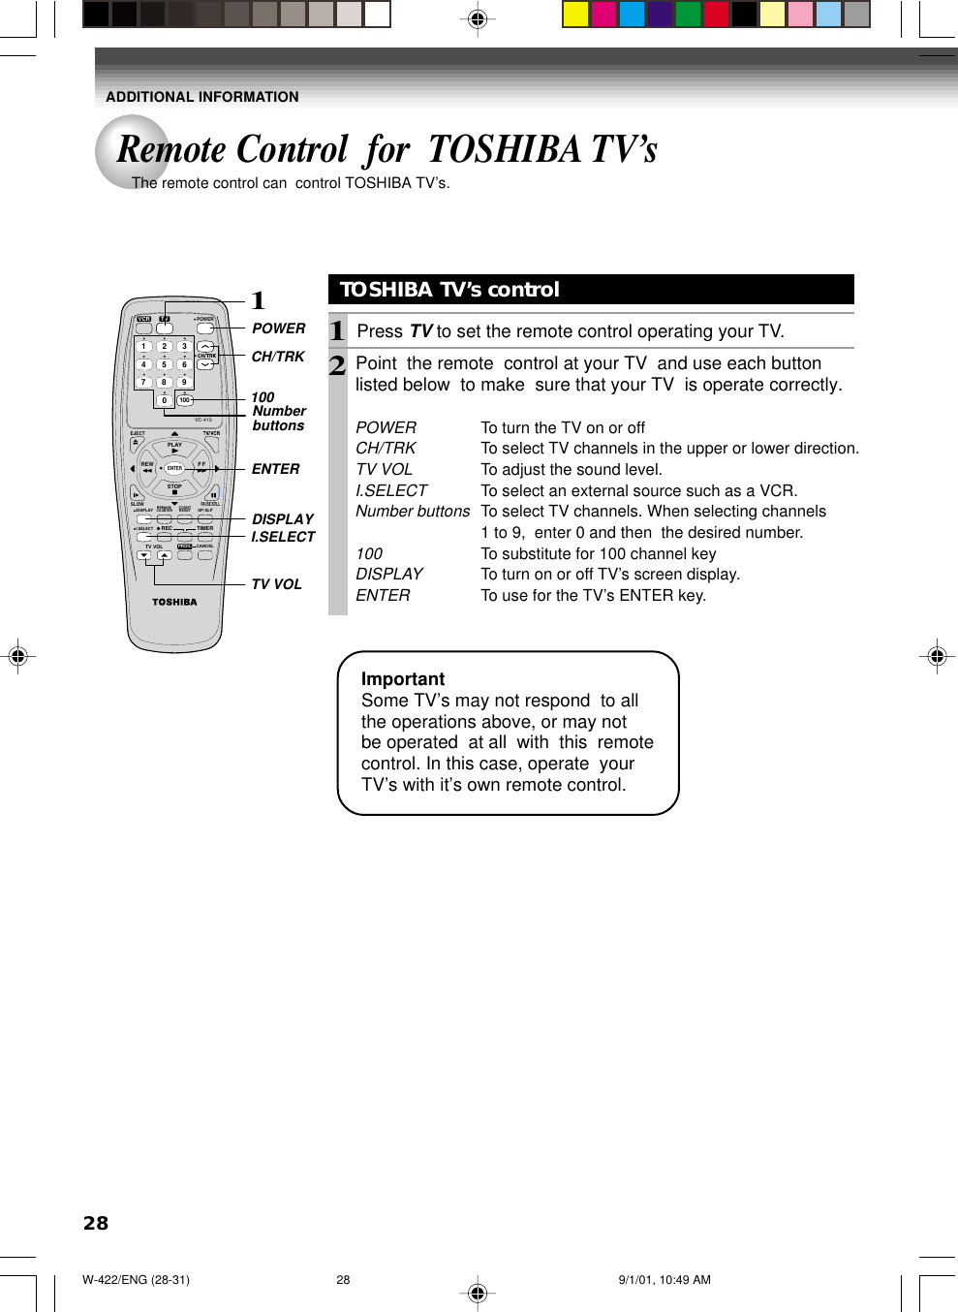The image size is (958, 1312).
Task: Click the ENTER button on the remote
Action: coord(174,468)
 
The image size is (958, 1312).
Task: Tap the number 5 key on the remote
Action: coord(164,365)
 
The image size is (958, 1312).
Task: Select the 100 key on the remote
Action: coord(184,400)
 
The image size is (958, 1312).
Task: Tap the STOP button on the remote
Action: coord(174,490)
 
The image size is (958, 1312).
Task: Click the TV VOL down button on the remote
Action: coord(144,556)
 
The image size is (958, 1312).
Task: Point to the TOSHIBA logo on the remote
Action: coord(174,602)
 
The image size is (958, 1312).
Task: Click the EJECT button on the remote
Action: coord(136,444)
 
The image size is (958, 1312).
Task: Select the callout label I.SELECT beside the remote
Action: coord(283,537)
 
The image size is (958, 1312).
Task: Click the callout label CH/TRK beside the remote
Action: coord(278,357)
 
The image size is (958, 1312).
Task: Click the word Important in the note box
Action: coord(403,679)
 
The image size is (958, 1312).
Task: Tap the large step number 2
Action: coord(337,365)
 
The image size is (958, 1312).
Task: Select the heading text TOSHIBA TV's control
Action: coord(449,290)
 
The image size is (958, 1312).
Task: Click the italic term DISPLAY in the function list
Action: coord(389,574)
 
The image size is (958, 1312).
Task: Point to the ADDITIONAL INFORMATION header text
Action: coord(201,97)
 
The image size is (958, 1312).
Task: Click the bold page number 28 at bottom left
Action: coord(96,1223)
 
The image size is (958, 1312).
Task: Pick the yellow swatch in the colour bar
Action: coord(575,14)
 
